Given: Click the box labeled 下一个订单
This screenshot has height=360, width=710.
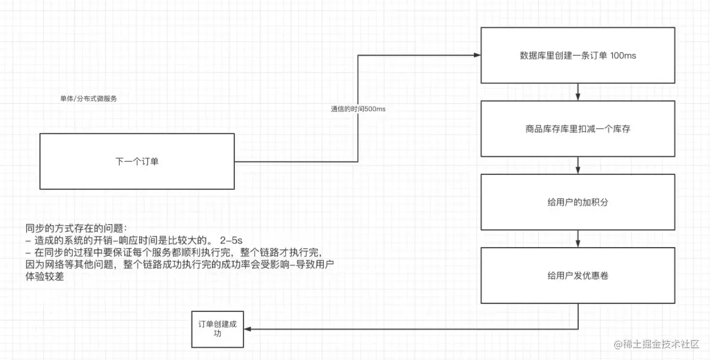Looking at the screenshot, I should click(137, 161).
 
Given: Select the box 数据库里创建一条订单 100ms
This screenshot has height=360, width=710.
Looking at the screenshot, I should click(578, 56).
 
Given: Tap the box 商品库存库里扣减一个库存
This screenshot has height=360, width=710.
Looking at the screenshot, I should click(578, 128).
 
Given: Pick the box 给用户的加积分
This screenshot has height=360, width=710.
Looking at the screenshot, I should click(578, 202).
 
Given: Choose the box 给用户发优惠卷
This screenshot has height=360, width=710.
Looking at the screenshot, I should click(578, 275).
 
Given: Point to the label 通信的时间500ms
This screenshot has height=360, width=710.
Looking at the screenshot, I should click(358, 109).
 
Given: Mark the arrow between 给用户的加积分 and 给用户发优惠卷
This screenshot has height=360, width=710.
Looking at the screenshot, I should click(578, 239).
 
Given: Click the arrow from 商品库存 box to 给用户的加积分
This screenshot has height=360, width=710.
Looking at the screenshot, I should click(578, 165).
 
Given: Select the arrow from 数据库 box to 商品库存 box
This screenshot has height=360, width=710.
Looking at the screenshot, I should click(578, 91).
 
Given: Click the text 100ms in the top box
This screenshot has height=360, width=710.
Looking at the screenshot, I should click(623, 56).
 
